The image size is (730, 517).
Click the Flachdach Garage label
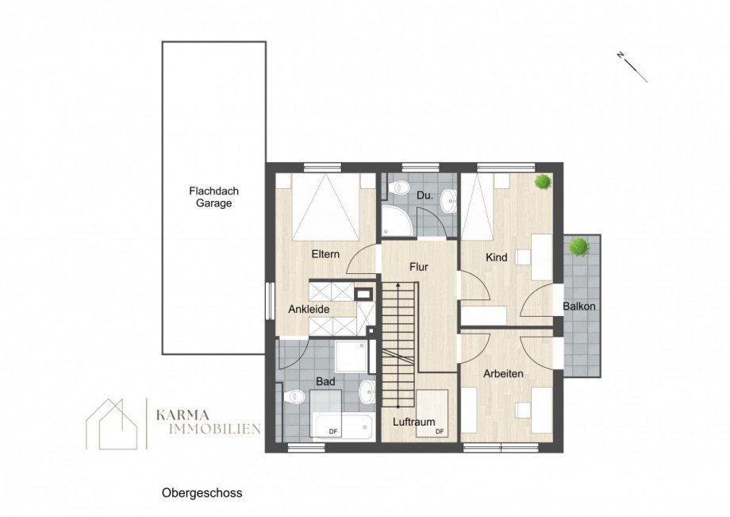tap(214, 197)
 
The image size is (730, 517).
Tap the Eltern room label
tap(325, 254)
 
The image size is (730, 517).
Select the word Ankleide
tap(309, 309)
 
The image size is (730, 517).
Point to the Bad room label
tap(325, 382)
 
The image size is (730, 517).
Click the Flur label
tap(419, 267)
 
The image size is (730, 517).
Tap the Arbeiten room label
tap(502, 373)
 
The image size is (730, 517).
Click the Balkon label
tap(579, 307)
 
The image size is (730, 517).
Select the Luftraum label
tap(414, 422)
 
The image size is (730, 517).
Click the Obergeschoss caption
tap(202, 492)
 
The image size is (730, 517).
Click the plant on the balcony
tap(578, 246)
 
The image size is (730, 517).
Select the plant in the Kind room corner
tap(544, 182)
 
